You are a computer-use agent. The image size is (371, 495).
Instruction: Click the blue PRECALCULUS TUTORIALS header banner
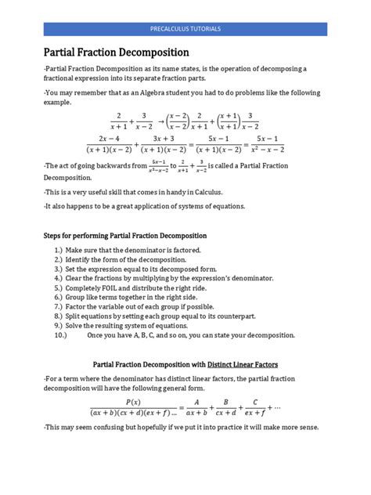click(x=185, y=28)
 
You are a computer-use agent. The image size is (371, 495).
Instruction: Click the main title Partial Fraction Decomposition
click(x=116, y=53)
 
